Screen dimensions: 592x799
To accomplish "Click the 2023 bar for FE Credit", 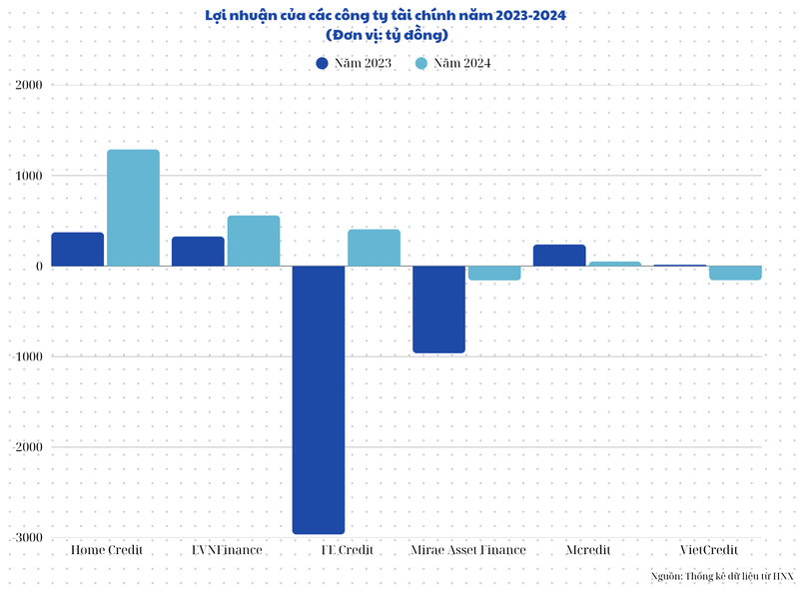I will [319, 399].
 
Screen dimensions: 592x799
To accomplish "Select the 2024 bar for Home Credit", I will [133, 208].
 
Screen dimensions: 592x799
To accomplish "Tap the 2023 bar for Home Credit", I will [78, 250].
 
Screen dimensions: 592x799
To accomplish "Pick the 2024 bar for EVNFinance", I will [254, 241].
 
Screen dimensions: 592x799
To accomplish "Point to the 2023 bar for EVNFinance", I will [198, 252].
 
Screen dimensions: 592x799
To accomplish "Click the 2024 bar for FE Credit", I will [374, 248].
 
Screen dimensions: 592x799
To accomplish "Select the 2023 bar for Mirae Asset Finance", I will [438, 309].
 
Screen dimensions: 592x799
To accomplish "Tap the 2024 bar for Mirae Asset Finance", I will [494, 273].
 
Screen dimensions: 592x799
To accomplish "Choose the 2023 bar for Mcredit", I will [559, 256].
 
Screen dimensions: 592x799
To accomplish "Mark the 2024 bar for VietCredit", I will [735, 273].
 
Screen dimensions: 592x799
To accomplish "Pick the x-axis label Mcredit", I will [587, 550].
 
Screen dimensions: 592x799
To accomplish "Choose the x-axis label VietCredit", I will [708, 550].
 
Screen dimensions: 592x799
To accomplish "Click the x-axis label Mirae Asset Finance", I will [466, 550].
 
